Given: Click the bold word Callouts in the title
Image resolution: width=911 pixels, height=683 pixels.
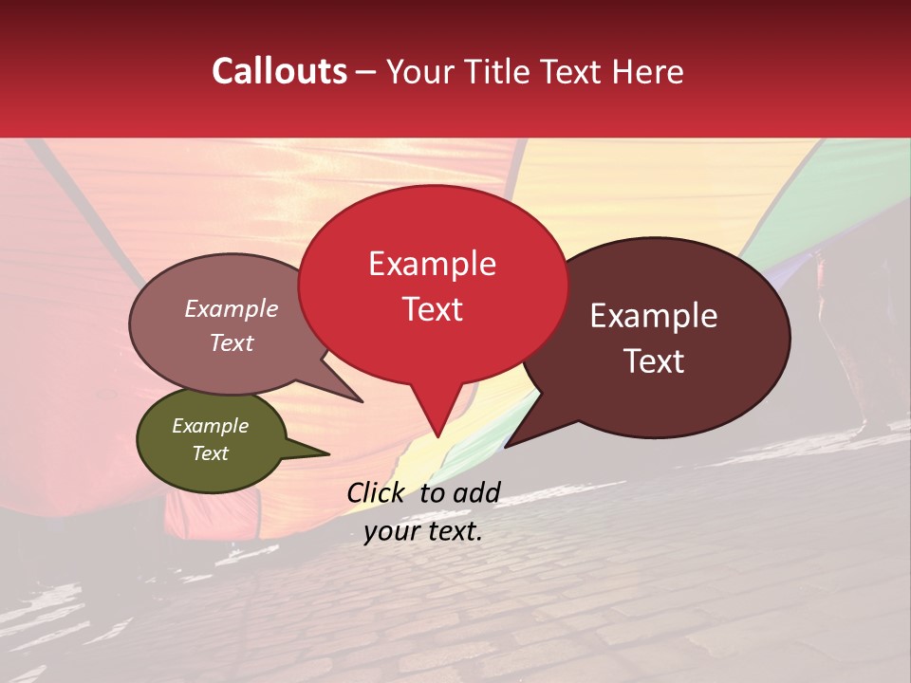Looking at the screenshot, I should point(279,71).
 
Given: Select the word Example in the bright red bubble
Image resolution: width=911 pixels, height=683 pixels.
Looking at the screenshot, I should point(432,264).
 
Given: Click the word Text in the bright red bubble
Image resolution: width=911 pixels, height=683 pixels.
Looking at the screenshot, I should point(432,309).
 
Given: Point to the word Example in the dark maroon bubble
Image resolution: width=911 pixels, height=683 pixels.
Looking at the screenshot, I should point(654,316).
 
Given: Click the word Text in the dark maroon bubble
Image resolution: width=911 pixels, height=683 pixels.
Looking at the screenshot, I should point(655,361).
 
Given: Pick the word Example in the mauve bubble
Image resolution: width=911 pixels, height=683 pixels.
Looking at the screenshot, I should point(232,308).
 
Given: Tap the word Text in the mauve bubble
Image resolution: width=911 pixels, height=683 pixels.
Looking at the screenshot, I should point(232,342).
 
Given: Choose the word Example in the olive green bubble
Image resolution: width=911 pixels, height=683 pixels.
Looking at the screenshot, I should point(210,426).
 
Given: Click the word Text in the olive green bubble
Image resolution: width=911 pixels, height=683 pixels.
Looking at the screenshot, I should point(210,453).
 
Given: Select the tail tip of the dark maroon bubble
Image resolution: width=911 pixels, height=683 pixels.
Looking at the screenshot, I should point(507,446).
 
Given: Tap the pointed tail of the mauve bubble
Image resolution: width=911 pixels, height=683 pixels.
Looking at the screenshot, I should point(361,400).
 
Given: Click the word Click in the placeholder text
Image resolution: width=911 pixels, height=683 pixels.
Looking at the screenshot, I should point(378,492).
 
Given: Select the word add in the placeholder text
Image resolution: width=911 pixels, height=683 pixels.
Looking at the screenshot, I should point(477,492).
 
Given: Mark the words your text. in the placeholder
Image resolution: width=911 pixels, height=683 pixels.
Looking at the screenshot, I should point(423,531).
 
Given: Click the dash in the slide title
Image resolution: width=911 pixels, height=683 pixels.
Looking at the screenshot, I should point(366,72).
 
